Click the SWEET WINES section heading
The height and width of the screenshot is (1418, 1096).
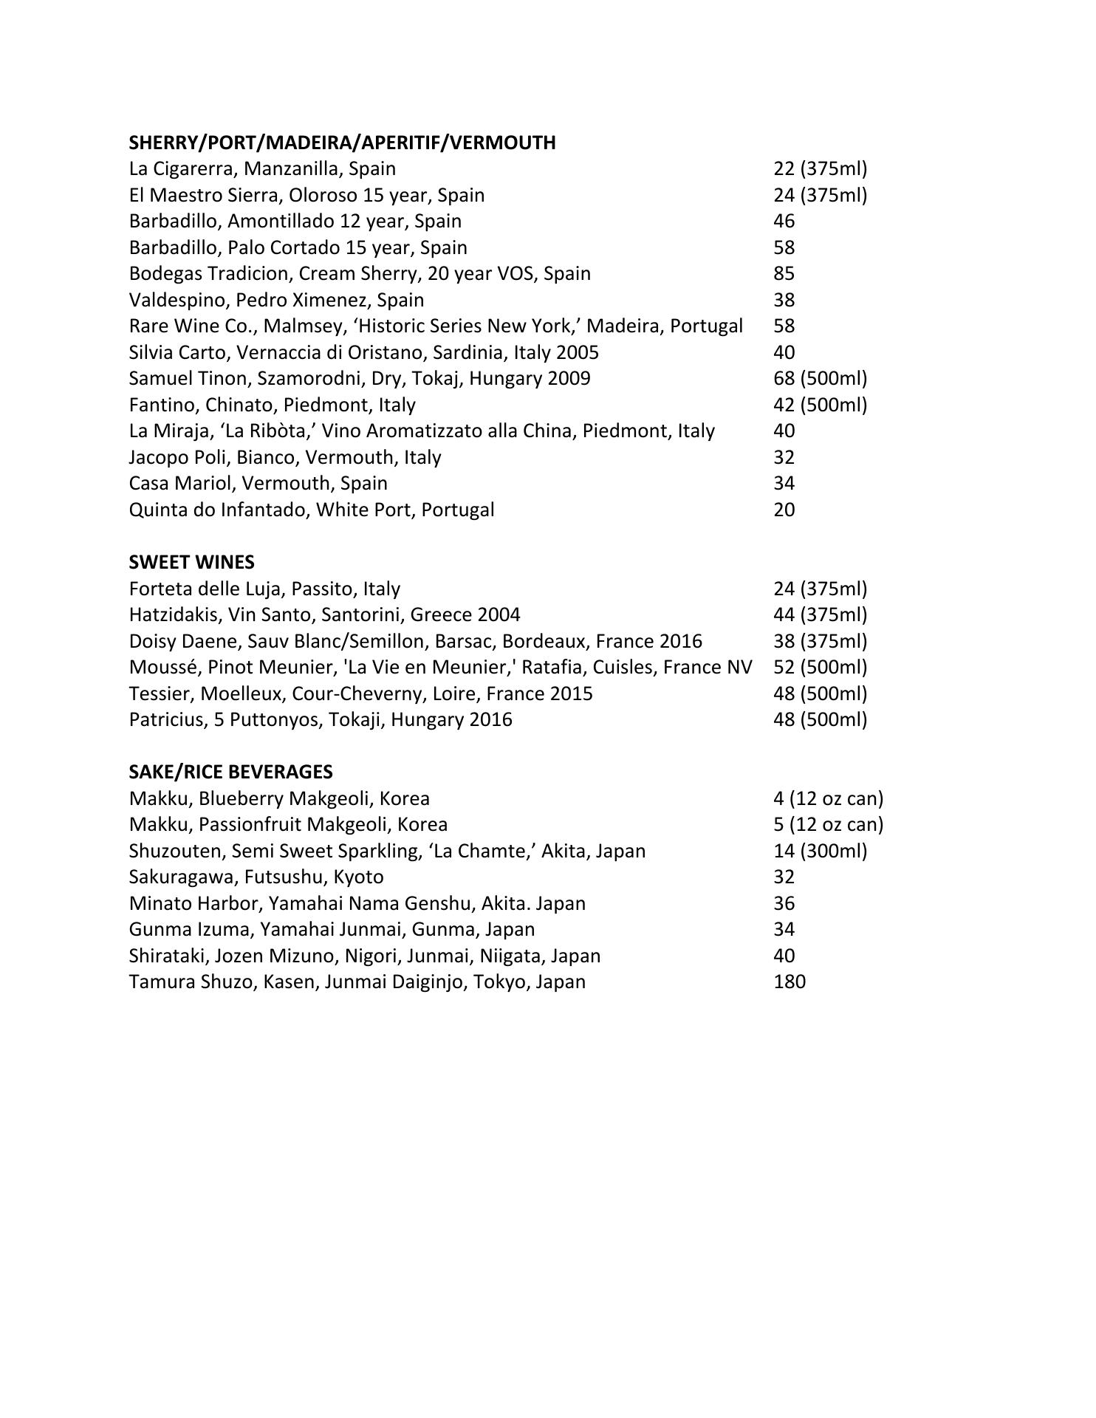coord(191,562)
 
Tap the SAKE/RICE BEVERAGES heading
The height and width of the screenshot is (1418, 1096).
coord(230,772)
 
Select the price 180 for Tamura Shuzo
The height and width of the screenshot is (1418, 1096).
coord(789,982)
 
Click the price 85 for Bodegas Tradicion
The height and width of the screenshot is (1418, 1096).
coord(784,273)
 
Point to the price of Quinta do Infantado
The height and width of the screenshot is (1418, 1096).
coord(784,510)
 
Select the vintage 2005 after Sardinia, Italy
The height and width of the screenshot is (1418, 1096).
coord(578,352)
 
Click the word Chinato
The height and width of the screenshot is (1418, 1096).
coord(240,405)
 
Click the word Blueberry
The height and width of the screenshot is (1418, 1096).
coord(241,798)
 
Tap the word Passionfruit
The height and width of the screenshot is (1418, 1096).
coord(249,824)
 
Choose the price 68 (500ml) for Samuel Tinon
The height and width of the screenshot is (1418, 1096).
coord(820,378)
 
